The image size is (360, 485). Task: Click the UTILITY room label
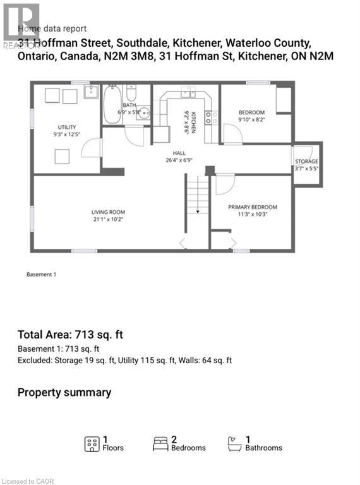(66, 127)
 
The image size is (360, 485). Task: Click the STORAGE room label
(307, 161)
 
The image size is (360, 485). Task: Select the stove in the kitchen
(212, 117)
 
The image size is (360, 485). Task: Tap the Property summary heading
(64, 392)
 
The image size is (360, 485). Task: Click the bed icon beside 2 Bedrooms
(160, 444)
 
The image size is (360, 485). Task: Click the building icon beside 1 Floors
(92, 444)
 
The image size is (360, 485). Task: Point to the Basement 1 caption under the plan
(42, 275)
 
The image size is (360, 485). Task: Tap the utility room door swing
(92, 148)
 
